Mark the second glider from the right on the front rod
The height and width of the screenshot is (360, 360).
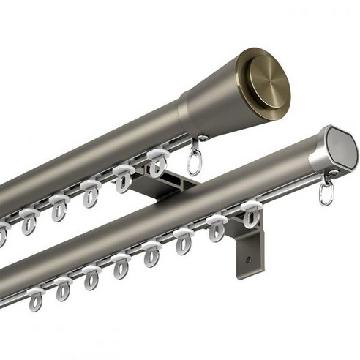(216, 228)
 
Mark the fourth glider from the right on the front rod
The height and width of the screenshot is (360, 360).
(151, 253)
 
